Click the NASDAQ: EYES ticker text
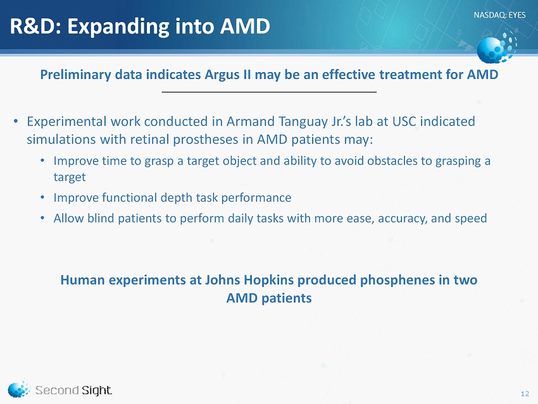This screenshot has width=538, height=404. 499,15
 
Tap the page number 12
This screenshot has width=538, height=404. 525,394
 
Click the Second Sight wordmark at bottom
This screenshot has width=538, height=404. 73,390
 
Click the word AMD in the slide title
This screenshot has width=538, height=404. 245,27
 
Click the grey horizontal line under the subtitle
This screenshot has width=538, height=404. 269,92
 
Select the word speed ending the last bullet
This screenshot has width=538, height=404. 471,219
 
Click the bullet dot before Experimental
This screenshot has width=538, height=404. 15,121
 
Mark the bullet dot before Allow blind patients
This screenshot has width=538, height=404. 42,218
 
